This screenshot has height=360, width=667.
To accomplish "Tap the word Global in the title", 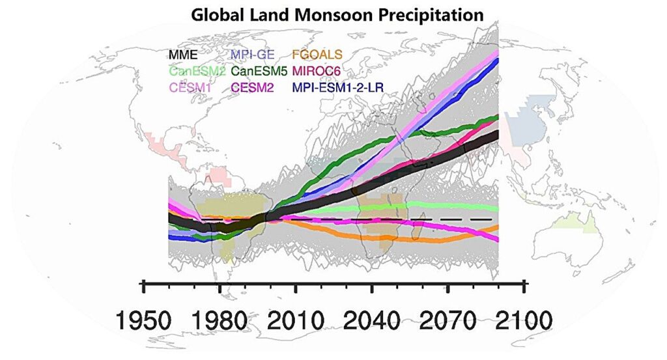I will [216, 14].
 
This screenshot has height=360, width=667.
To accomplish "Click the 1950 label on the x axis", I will [144, 320].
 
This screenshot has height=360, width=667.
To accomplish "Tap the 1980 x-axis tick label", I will [220, 320].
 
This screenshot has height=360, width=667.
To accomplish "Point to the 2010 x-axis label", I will [296, 320].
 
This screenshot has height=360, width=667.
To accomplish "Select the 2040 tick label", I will [372, 320].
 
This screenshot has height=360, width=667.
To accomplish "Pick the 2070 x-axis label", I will [448, 320].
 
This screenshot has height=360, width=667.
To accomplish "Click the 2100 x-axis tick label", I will [523, 320].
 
